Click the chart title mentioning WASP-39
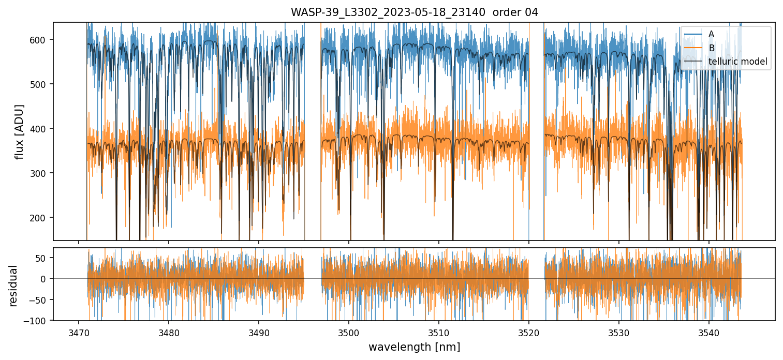pos(414,12)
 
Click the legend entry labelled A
pos(711,34)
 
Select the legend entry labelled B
pos(711,48)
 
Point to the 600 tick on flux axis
pos(42,40)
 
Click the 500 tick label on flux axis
pos(42,84)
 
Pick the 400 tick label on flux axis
pos(42,129)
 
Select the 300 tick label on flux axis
pos(42,173)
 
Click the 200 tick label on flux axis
pos(42,218)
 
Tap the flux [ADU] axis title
pos(20,131)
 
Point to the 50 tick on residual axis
pos(44,258)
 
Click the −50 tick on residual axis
pos(42,300)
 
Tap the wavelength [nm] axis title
pos(414,347)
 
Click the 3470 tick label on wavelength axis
pos(78,332)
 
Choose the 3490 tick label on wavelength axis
pos(258,332)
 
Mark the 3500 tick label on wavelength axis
pos(348,332)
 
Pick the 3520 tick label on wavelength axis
pos(528,332)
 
